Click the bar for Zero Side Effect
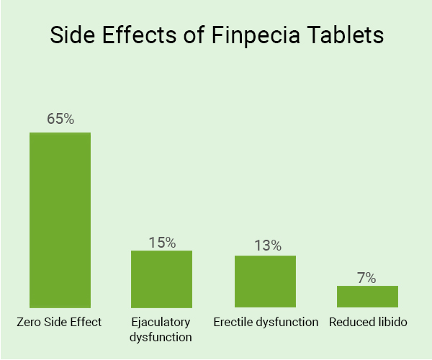pos(60,220)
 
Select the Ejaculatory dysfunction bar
pos(161,279)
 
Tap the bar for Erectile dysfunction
pos(265,282)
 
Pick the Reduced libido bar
pos(367,297)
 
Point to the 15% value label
pos(162,242)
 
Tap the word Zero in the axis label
pos(30,322)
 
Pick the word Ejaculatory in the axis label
pos(161,323)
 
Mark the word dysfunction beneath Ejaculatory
pos(161,336)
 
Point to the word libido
pos(392,322)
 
